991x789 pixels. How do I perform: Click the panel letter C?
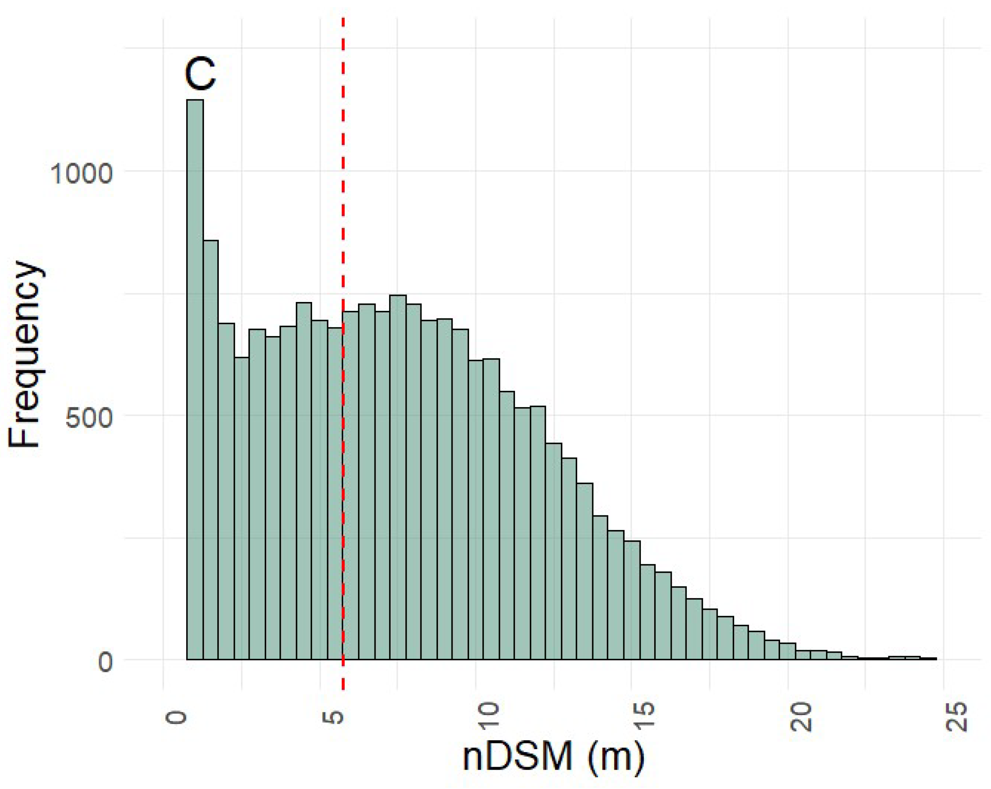click(200, 75)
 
